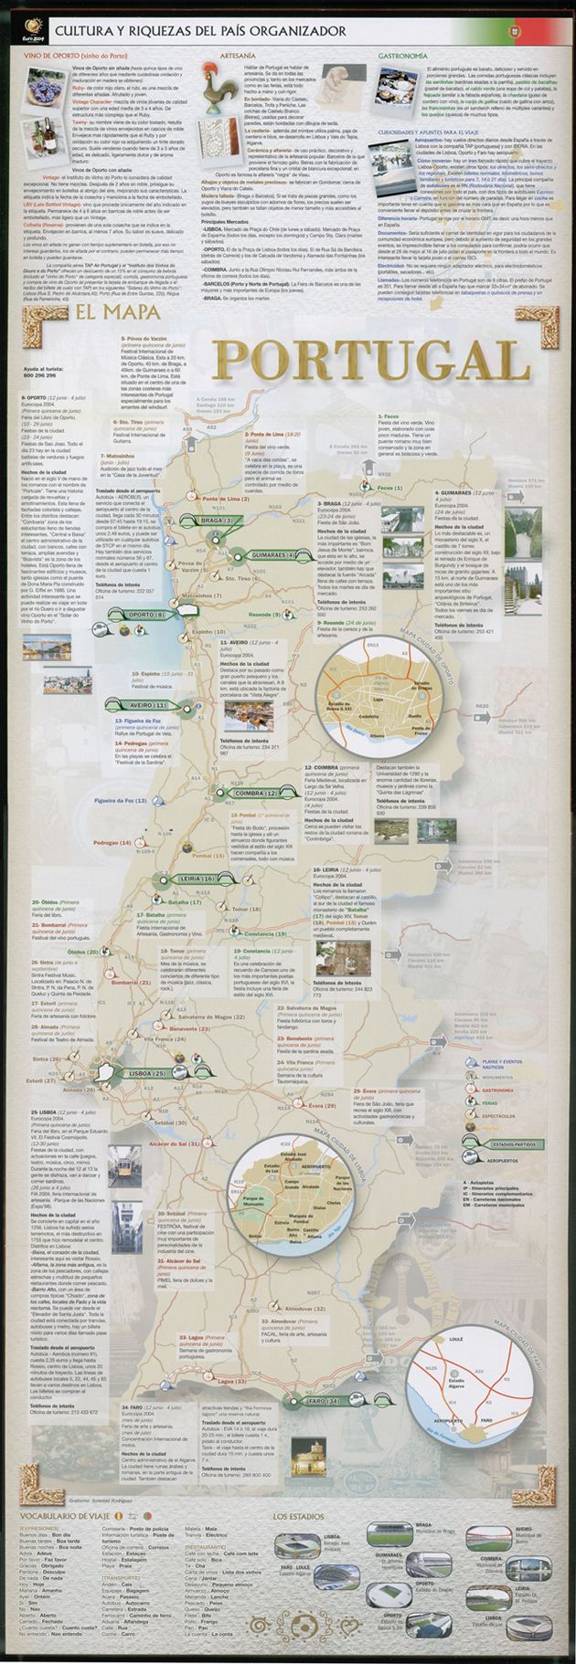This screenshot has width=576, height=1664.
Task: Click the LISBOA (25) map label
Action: (143, 1073)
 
